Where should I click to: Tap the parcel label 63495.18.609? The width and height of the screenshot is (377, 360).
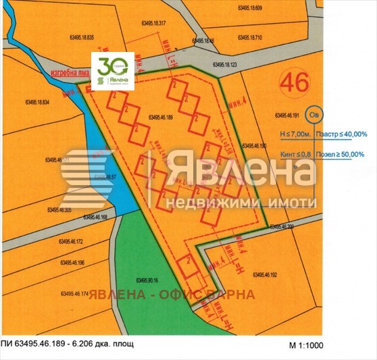[x=254, y=7]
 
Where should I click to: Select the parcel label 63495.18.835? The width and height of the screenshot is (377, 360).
[x=82, y=37]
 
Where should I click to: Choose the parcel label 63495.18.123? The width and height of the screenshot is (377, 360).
[x=224, y=66]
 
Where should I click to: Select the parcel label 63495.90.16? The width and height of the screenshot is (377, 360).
[x=147, y=280]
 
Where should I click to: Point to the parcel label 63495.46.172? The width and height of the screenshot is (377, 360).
[x=70, y=241]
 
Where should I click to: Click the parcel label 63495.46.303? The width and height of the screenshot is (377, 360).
[x=59, y=210]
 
